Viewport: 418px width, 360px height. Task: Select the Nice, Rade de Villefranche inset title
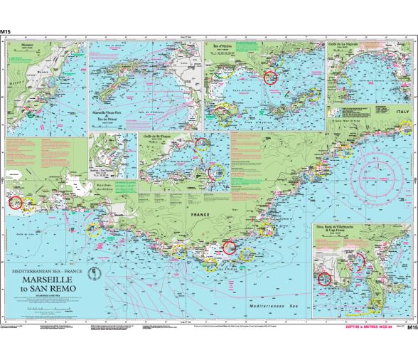point(334,230)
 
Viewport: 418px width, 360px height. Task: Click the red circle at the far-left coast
point(15,201)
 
